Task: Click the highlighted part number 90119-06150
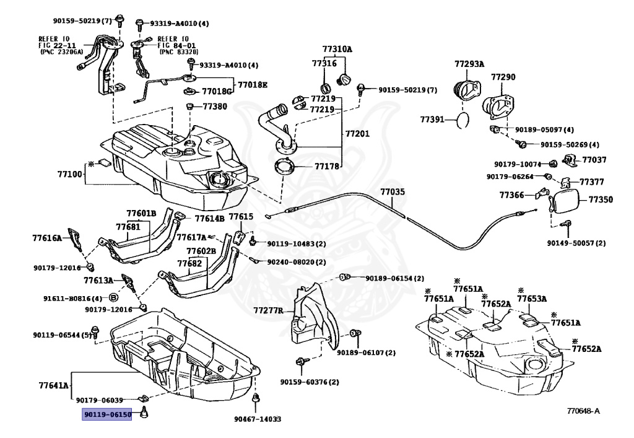(x=107, y=414)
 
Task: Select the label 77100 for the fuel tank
(x=69, y=174)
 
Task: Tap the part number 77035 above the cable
(x=392, y=191)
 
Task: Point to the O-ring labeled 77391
(x=462, y=121)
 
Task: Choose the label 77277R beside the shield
(x=269, y=310)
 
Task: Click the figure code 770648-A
(x=583, y=411)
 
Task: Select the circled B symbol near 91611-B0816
(x=114, y=298)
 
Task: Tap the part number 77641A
(x=54, y=385)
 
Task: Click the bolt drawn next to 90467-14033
(x=256, y=398)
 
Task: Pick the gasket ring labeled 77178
(x=284, y=167)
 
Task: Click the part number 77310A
(x=337, y=50)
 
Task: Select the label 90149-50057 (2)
(x=576, y=243)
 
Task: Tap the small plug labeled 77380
(x=188, y=107)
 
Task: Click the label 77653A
(x=532, y=299)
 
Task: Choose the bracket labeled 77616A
(x=74, y=239)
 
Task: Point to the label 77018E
(x=253, y=85)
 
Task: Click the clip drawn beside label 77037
(x=570, y=160)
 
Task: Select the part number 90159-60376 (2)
(x=310, y=382)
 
